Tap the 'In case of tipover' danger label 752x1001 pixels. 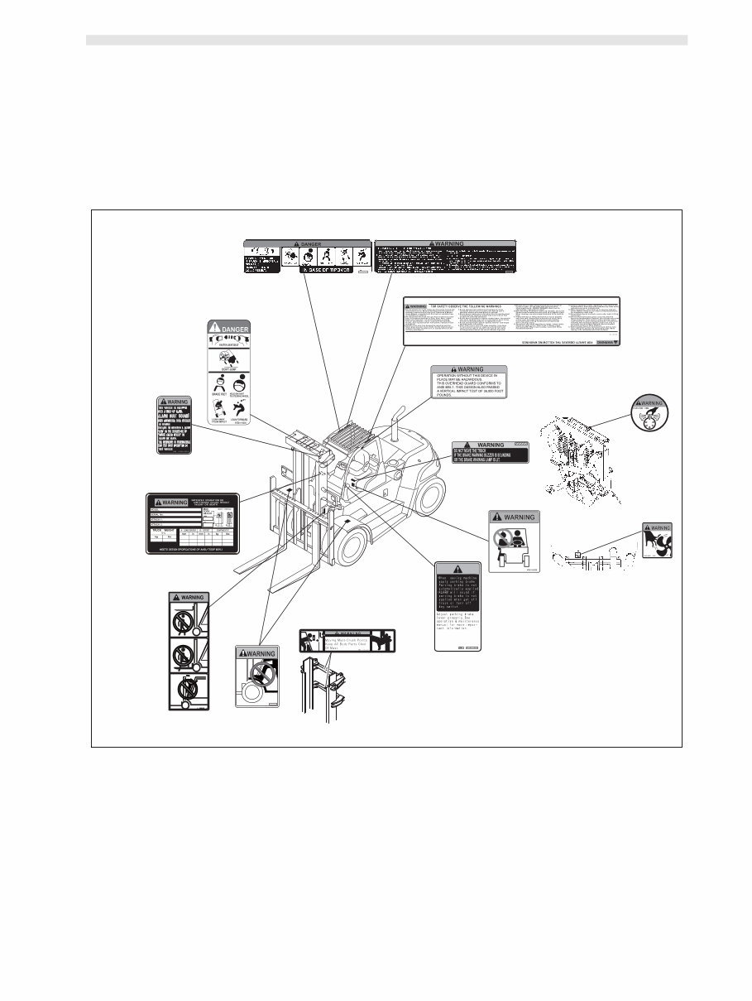point(306,257)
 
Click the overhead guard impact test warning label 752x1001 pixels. point(468,382)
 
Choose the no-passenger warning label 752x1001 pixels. point(514,541)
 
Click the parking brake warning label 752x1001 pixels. point(457,606)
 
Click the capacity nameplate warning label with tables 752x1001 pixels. point(193,523)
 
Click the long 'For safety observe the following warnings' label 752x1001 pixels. point(510,320)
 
